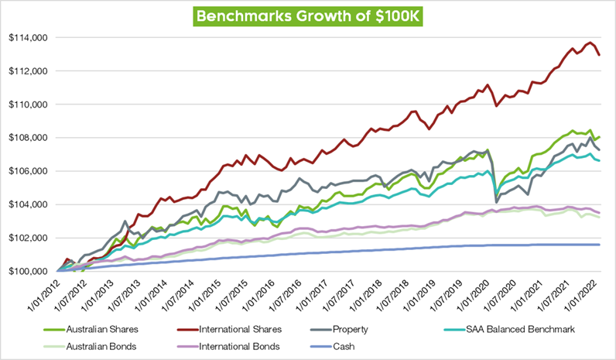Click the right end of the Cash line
coord(601,245)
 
